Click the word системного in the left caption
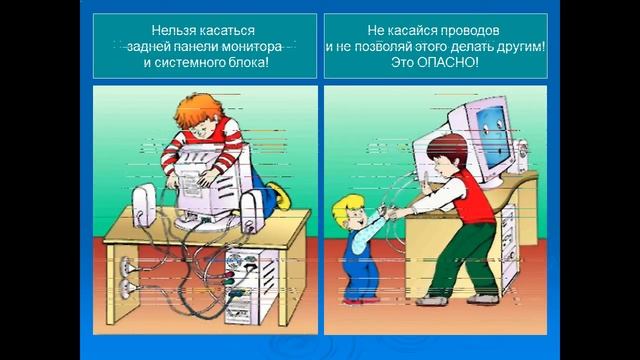(x=178, y=62)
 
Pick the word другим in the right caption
(x=520, y=47)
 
